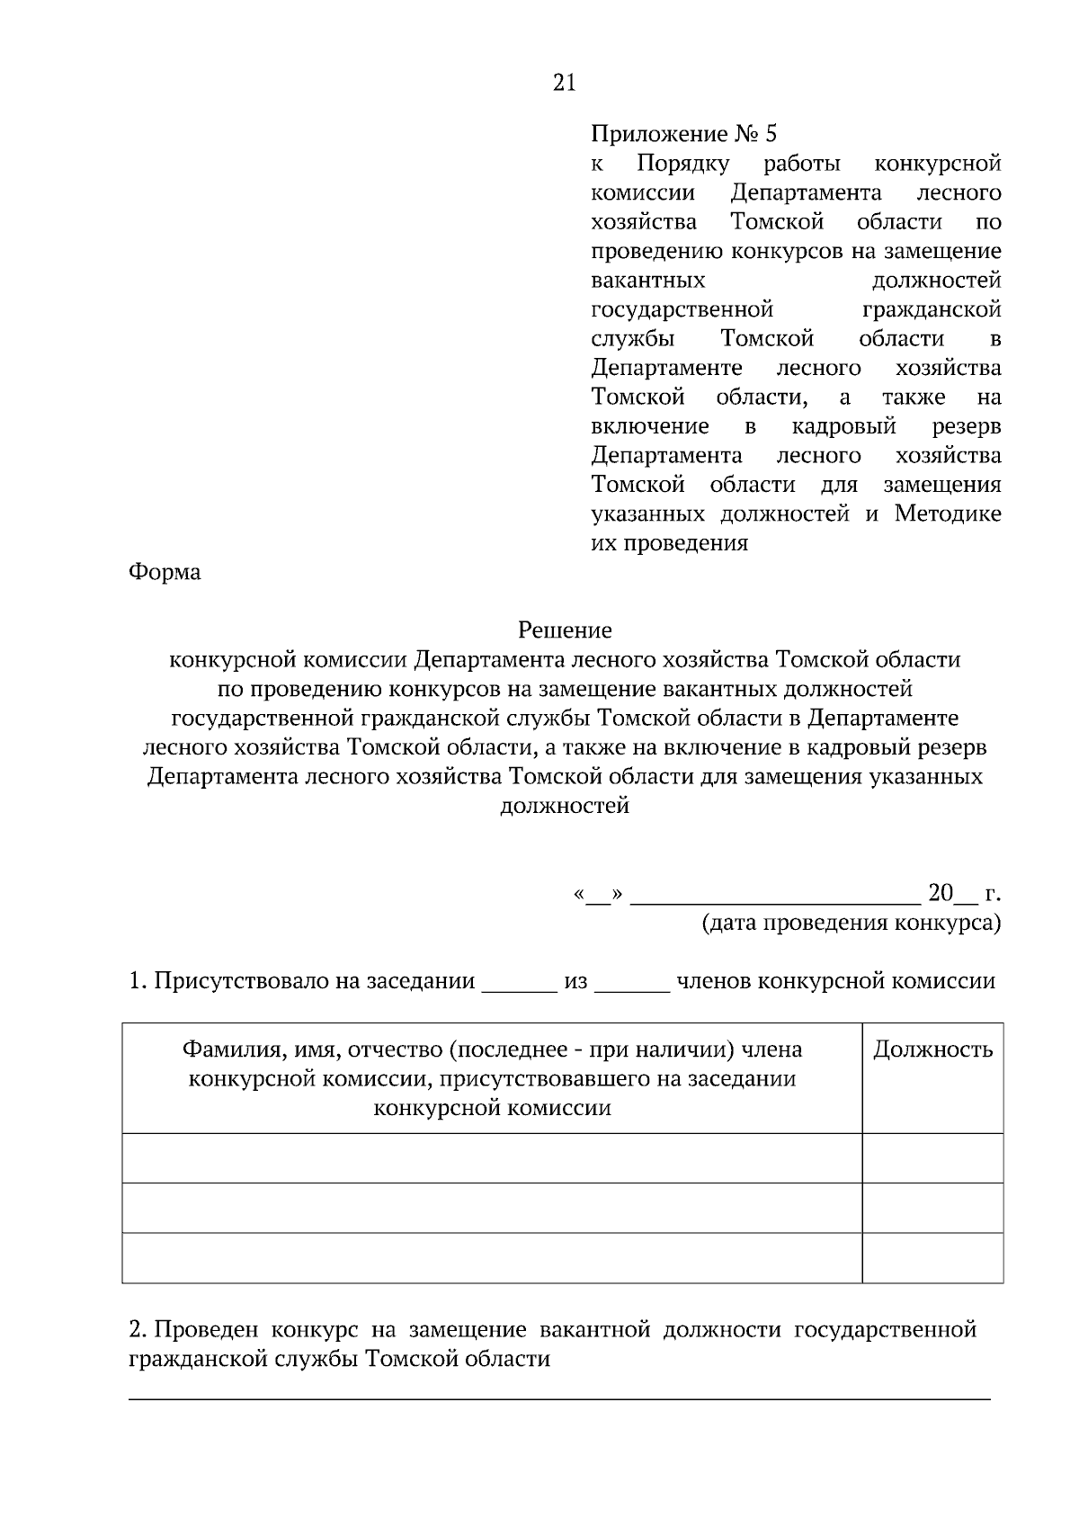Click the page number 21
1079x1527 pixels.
[564, 83]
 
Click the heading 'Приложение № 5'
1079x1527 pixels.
[683, 134]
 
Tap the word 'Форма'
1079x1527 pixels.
[165, 572]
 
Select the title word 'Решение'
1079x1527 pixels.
[565, 630]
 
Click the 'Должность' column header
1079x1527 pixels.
[932, 1049]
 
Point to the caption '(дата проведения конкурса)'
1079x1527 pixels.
[851, 923]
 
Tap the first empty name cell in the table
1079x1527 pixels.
[492, 1157]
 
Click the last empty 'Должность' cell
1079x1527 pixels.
[932, 1257]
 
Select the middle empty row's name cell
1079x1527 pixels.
[492, 1208]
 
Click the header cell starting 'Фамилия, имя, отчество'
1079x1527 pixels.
[492, 1077]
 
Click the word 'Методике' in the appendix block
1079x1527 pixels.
[948, 513]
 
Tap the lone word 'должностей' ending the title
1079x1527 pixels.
[564, 806]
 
